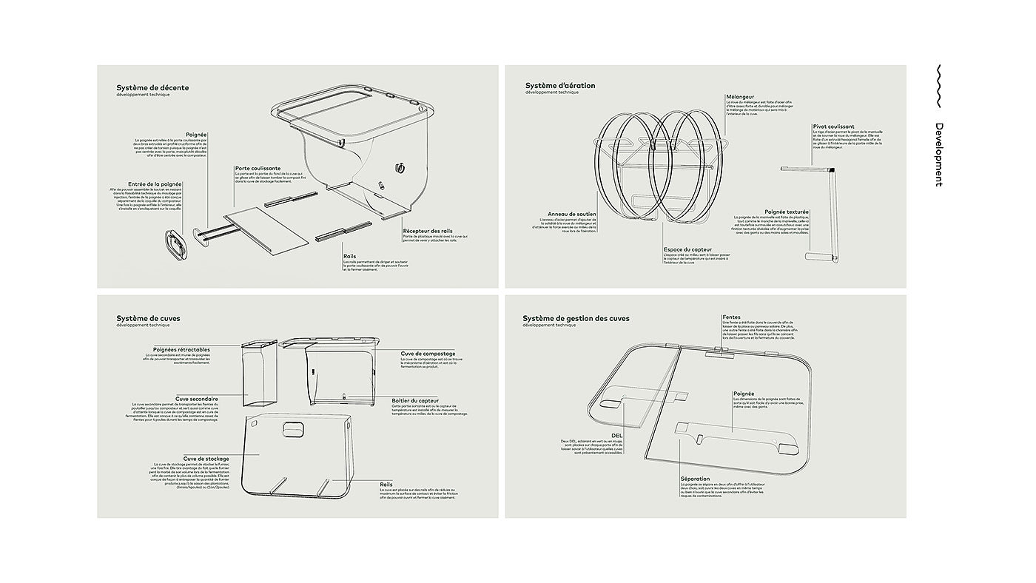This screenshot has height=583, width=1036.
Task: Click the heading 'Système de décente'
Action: (152, 88)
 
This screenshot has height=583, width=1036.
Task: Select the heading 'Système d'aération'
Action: (560, 86)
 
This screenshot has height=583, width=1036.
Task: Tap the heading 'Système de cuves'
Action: (148, 318)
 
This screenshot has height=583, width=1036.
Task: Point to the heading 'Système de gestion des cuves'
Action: (576, 318)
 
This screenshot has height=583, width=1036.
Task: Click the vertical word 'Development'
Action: (938, 155)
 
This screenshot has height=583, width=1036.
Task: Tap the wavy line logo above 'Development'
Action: (938, 87)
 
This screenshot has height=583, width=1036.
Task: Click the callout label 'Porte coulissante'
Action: (258, 168)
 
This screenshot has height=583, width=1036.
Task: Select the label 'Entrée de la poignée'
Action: (155, 183)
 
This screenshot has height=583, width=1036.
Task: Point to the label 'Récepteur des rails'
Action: (427, 231)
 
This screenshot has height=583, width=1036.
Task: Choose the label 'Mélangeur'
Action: (740, 96)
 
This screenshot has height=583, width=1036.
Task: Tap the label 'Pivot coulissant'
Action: (833, 127)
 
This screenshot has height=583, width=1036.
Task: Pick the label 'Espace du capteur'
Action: (687, 249)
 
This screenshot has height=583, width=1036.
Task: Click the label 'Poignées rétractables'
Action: (181, 349)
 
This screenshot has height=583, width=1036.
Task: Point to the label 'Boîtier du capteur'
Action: (415, 400)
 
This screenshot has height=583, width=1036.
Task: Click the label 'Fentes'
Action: (731, 317)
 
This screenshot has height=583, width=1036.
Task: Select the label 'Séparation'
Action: (695, 479)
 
